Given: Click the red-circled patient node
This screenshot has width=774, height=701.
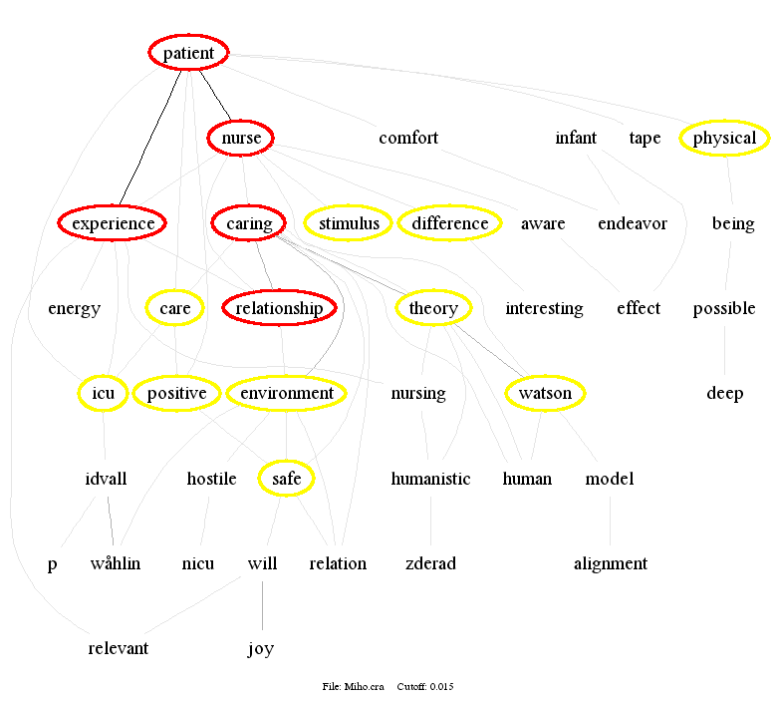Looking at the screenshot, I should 188,53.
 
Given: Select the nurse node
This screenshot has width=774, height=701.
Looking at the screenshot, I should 241,139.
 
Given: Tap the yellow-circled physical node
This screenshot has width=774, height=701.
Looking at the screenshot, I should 724,139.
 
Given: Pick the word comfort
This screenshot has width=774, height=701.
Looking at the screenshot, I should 408,138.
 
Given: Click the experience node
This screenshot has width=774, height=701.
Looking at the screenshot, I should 113,223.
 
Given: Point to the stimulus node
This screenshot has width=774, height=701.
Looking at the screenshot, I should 348,223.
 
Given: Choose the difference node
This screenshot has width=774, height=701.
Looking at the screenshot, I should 450,223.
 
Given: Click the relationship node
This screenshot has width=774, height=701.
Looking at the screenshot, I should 279,309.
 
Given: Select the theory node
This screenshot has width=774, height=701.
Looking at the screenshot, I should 433,309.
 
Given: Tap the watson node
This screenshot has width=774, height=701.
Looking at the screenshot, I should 545,394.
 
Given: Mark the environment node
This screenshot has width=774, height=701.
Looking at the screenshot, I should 287,394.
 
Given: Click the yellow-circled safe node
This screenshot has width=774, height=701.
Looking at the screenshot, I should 287,480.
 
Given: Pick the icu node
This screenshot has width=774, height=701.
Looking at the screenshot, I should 104,394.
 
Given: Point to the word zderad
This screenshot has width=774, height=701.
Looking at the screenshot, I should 430,564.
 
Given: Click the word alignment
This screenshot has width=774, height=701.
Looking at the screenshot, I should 611,564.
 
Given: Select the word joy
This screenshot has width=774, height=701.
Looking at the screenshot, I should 261,649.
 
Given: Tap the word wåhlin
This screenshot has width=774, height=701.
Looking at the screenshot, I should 115,564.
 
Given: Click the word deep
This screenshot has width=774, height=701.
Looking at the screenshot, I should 725,394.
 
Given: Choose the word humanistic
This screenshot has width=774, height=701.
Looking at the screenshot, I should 430,480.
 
